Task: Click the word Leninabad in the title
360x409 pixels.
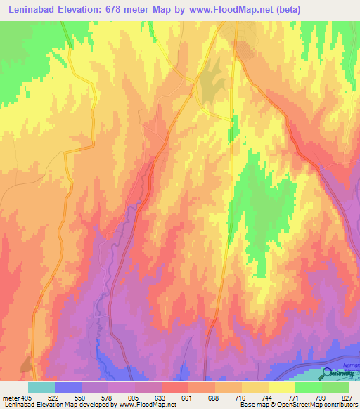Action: pyautogui.click(x=34, y=10)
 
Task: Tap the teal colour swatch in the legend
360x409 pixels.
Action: pyautogui.click(x=41, y=387)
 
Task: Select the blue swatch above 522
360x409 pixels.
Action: pyautogui.click(x=68, y=387)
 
